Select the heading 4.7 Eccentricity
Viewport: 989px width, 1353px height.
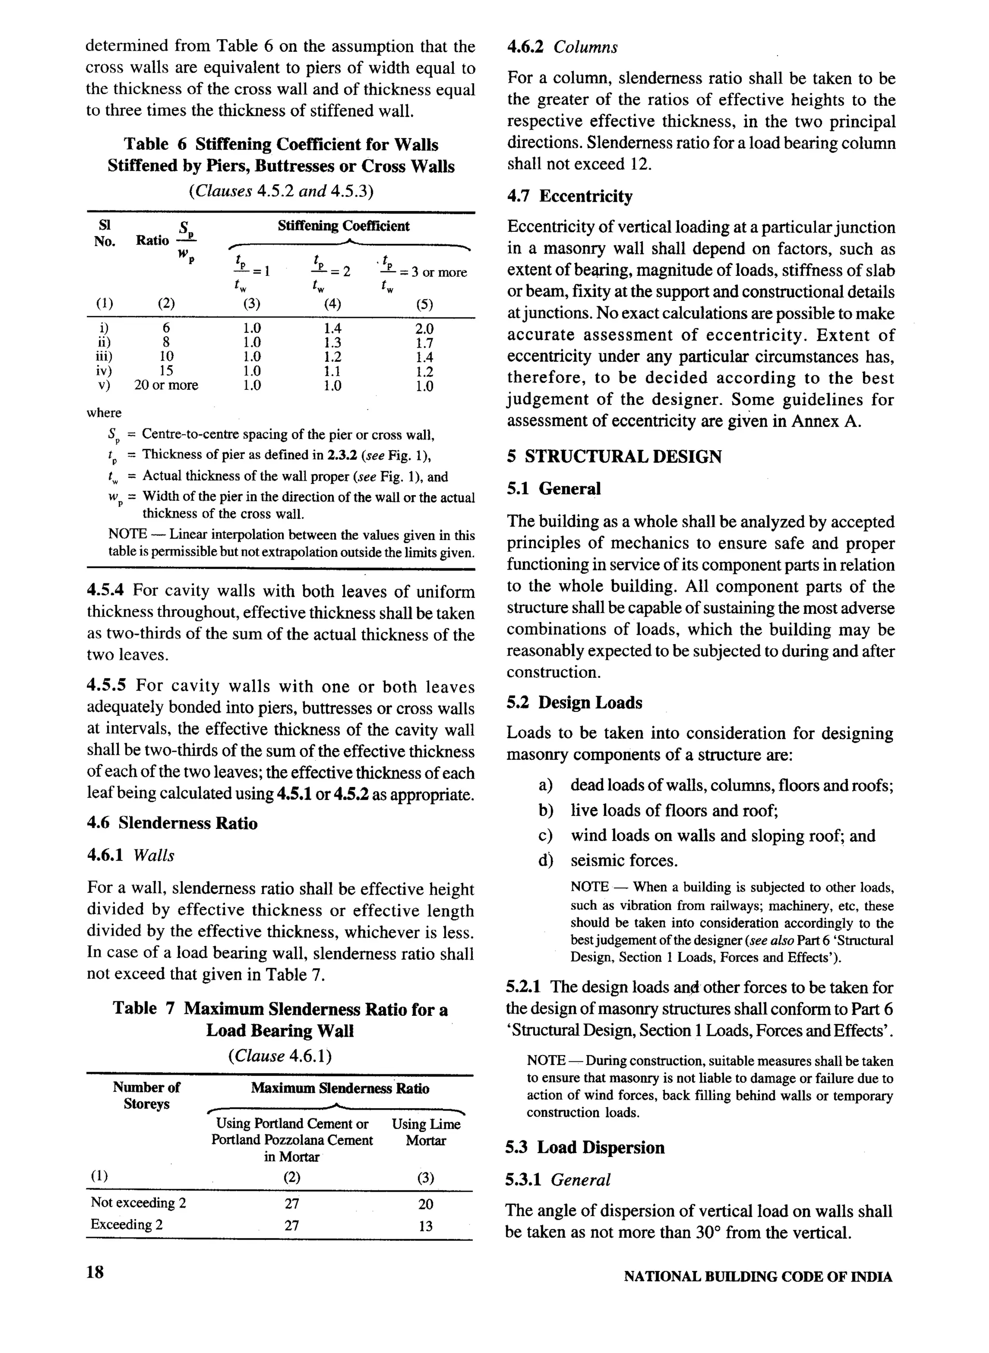[x=569, y=197]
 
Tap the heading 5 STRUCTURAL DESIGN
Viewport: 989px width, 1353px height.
[x=614, y=457]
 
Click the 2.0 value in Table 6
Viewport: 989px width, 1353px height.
[x=424, y=328]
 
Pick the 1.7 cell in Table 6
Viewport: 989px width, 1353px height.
[x=424, y=343]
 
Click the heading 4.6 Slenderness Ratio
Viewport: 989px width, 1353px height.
[x=172, y=823]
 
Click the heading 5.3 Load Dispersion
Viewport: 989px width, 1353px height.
[x=584, y=1148]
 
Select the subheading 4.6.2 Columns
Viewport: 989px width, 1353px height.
[x=562, y=47]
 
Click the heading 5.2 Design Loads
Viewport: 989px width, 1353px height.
[x=574, y=702]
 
